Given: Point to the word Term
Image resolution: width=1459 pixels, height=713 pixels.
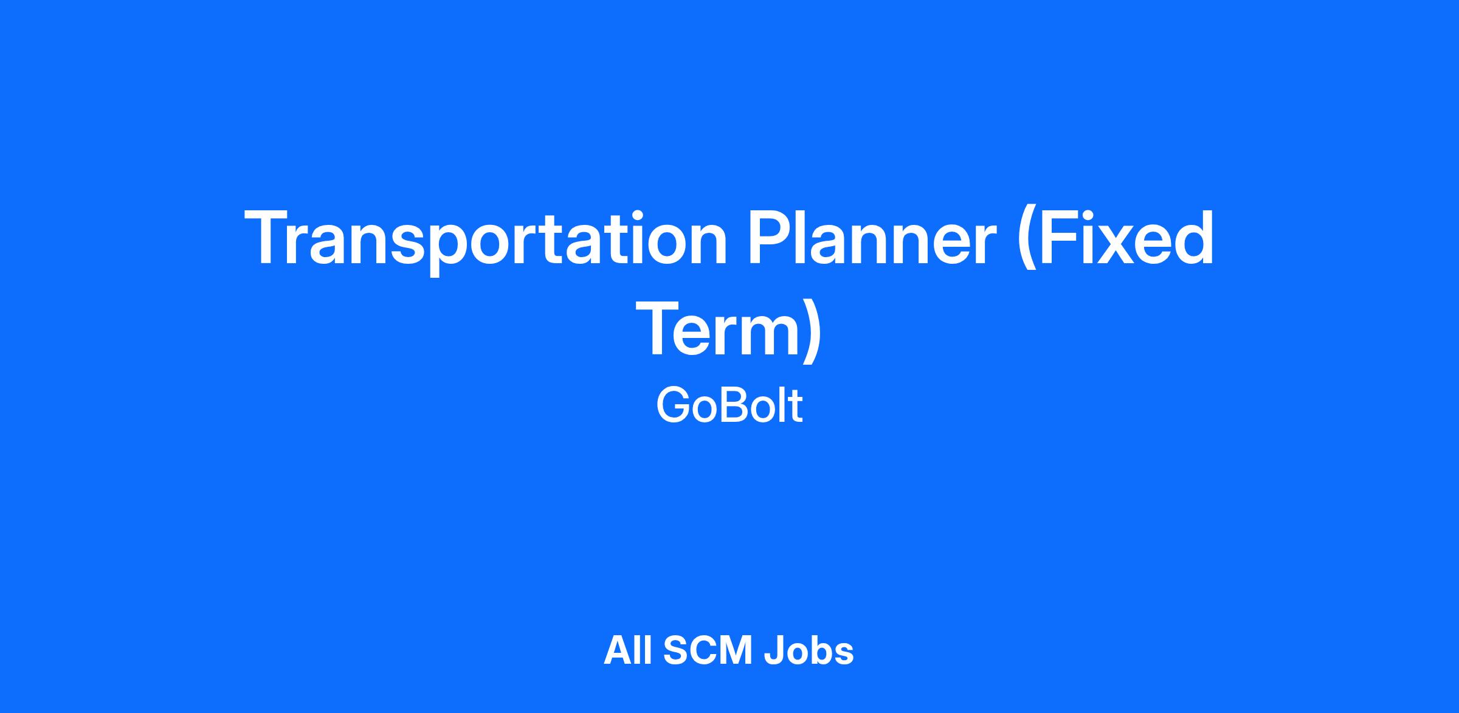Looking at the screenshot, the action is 719,329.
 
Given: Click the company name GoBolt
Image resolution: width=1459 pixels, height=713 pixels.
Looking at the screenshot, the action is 729,405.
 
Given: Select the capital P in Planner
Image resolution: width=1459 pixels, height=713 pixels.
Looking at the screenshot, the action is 771,237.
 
